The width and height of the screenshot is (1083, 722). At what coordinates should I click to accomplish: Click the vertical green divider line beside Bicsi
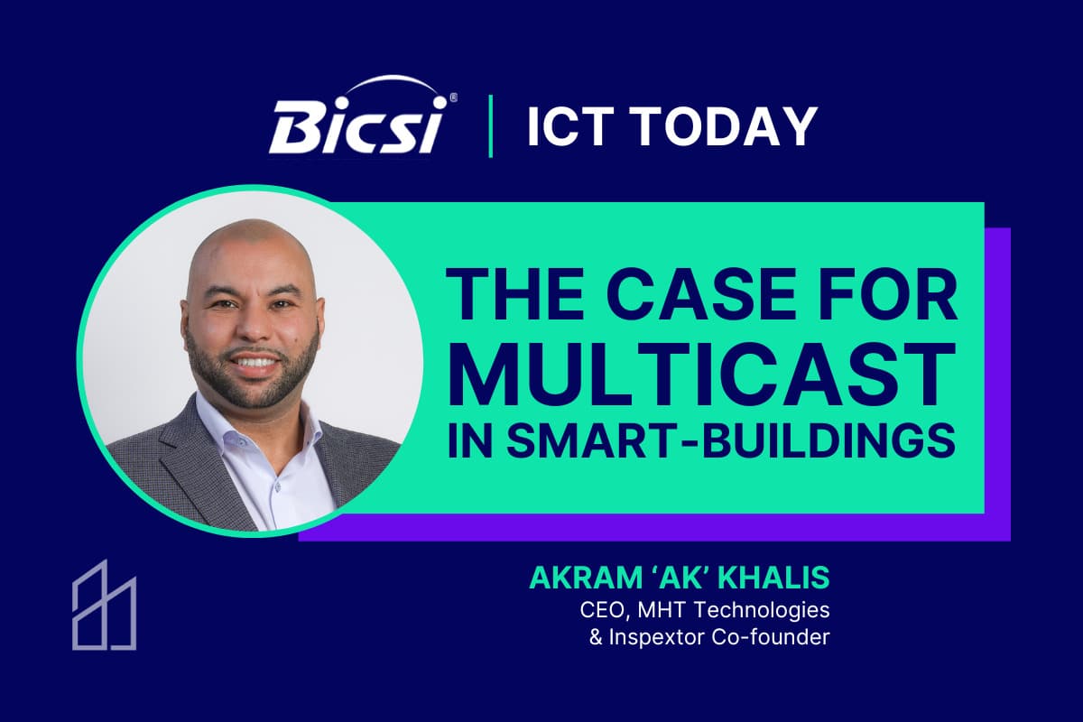491,125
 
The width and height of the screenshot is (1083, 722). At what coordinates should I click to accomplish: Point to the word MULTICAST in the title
701,375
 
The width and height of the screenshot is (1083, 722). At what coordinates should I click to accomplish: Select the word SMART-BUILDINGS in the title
731,441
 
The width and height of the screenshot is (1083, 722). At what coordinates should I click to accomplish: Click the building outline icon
105,605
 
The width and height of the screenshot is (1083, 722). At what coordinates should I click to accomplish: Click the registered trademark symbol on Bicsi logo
452,97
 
